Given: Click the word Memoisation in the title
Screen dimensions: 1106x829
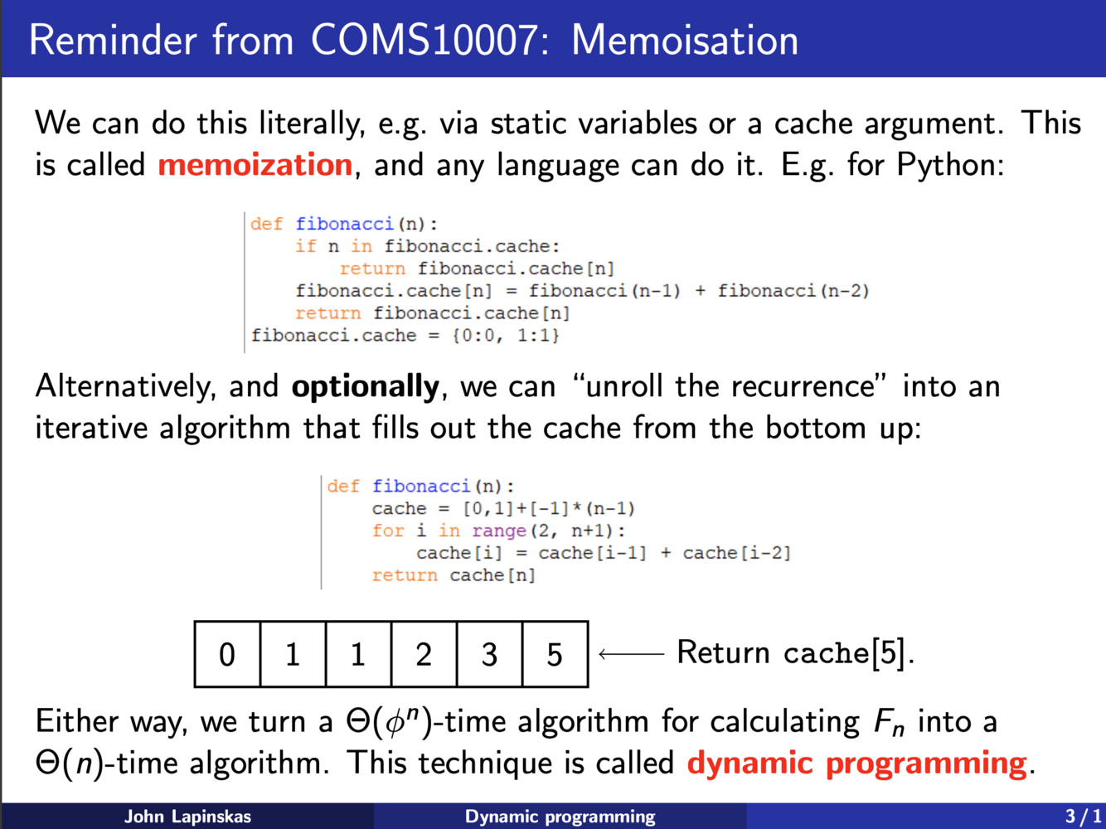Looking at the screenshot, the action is click(x=685, y=40).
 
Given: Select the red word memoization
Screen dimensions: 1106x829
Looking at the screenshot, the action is click(x=255, y=164).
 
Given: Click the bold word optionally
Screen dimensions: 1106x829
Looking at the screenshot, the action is click(x=365, y=386).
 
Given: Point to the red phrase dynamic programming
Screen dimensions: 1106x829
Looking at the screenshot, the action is click(x=856, y=763).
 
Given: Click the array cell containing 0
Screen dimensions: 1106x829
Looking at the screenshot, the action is click(x=227, y=655).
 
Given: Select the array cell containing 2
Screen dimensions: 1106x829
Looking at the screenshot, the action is click(x=424, y=655).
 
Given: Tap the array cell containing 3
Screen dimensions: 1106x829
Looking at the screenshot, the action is click(x=489, y=655).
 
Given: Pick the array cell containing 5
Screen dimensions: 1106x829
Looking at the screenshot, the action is click(x=555, y=655).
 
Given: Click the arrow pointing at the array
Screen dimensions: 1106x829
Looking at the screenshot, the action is click(x=631, y=654).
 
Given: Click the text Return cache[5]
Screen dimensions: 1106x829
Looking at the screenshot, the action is click(x=795, y=653).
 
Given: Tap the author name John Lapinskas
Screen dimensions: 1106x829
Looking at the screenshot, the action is click(x=187, y=817).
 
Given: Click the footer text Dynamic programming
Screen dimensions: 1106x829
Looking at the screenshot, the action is click(x=560, y=817).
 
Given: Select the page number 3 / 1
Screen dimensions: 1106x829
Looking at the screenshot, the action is click(x=1082, y=817).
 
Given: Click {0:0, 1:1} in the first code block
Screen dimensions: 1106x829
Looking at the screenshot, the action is click(x=506, y=336).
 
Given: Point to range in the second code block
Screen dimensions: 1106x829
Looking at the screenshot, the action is click(x=499, y=531).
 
